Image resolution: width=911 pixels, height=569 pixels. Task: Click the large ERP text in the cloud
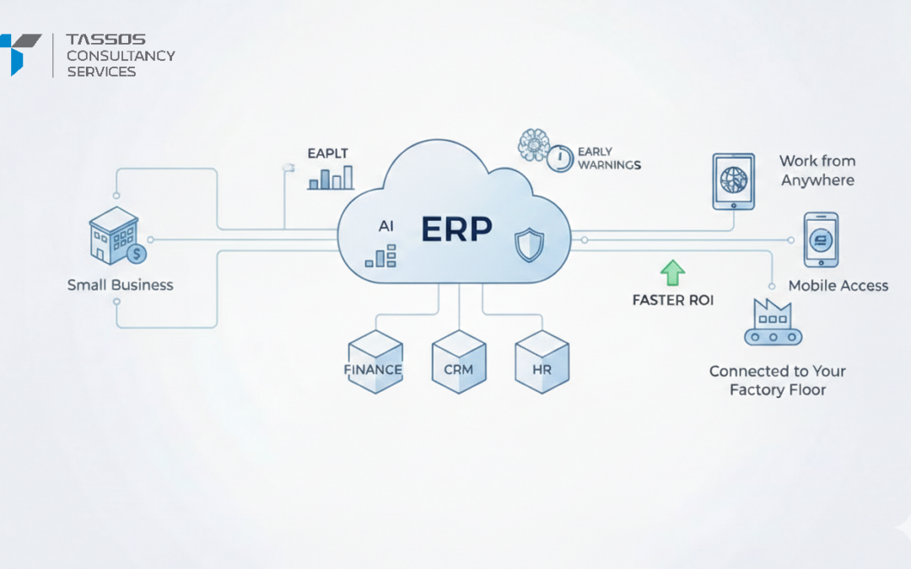pyautogui.click(x=455, y=229)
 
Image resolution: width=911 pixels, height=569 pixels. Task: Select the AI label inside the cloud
pyautogui.click(x=386, y=227)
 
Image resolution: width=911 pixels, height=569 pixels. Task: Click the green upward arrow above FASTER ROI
pyautogui.click(x=672, y=273)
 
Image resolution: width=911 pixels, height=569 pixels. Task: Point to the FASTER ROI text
pyautogui.click(x=672, y=300)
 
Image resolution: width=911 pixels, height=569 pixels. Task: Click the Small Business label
pyautogui.click(x=120, y=285)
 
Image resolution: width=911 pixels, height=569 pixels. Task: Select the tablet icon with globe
pyautogui.click(x=733, y=181)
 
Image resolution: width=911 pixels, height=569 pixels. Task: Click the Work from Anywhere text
pyautogui.click(x=817, y=170)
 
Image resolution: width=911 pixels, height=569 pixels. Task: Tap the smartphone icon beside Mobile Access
pyautogui.click(x=820, y=239)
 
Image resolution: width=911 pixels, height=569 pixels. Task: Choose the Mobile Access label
pyautogui.click(x=838, y=286)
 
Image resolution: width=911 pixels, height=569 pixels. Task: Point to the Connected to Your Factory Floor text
pyautogui.click(x=777, y=380)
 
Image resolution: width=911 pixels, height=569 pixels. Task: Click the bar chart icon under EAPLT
pyautogui.click(x=330, y=178)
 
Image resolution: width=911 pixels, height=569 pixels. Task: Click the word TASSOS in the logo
pyautogui.click(x=106, y=40)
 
